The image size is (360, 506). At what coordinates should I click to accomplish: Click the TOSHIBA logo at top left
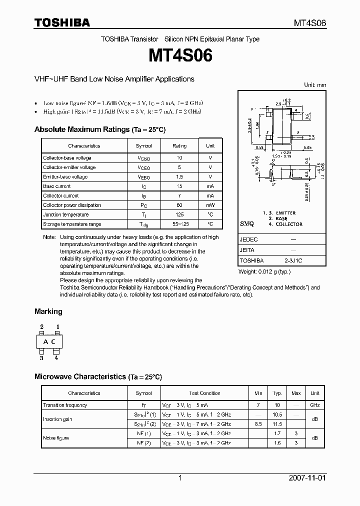pyautogui.click(x=61, y=22)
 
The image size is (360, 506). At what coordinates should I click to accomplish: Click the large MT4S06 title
pyautogui.click(x=180, y=55)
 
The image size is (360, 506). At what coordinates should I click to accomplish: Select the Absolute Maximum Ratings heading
pyautogui.click(x=99, y=129)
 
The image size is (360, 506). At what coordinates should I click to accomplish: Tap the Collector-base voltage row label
pyautogui.click(x=67, y=157)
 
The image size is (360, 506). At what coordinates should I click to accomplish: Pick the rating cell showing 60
pyautogui.click(x=179, y=205)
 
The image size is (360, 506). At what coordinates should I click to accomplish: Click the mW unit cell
pyautogui.click(x=210, y=205)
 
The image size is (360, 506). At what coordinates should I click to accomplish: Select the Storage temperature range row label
pyautogui.click(x=72, y=224)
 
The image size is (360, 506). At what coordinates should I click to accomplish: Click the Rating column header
pyautogui.click(x=179, y=146)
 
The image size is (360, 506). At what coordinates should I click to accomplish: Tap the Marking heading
pyautogui.click(x=48, y=311)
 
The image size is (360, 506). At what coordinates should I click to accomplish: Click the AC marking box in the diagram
pyautogui.click(x=49, y=342)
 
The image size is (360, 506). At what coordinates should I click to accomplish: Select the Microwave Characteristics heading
pyautogui.click(x=98, y=376)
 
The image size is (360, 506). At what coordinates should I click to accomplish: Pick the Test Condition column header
pyautogui.click(x=204, y=393)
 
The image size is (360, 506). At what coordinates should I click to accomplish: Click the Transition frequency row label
pyautogui.click(x=65, y=405)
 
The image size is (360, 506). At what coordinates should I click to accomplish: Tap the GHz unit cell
pyautogui.click(x=315, y=405)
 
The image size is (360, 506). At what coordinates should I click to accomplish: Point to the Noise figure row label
pyautogui.click(x=56, y=438)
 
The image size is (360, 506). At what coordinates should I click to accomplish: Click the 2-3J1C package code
pyautogui.click(x=293, y=260)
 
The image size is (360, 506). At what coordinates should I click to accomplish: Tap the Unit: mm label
pyautogui.click(x=315, y=85)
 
